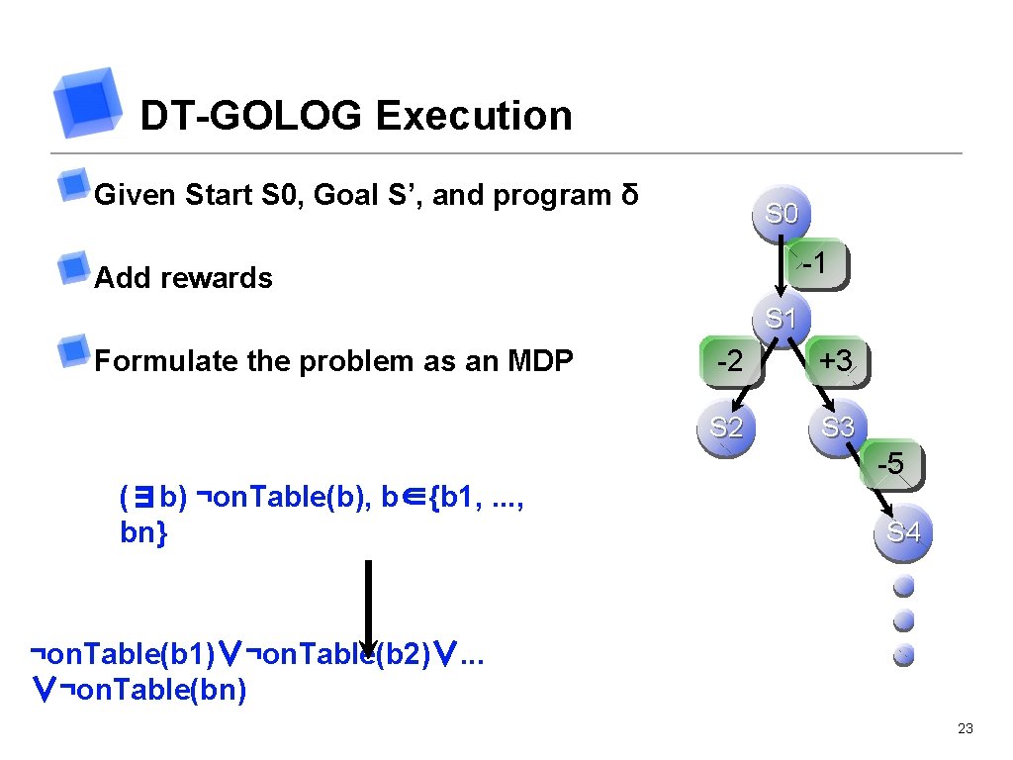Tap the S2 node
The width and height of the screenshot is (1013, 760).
(x=726, y=427)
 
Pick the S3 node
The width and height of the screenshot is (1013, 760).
(x=838, y=427)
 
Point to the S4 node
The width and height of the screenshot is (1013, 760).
(x=903, y=532)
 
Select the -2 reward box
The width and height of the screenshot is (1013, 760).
(x=729, y=362)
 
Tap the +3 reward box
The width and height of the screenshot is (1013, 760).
(x=836, y=361)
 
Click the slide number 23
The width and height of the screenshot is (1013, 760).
(x=966, y=729)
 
